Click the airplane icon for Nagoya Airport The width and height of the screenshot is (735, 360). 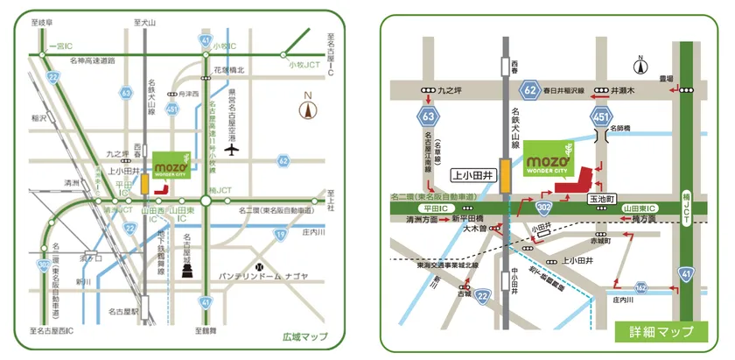(x=232, y=148)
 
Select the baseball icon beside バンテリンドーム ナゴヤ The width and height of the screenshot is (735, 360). (x=258, y=265)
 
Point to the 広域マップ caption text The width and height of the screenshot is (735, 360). (x=304, y=336)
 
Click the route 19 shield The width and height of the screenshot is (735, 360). (x=280, y=234)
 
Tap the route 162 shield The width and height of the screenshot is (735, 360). (x=641, y=286)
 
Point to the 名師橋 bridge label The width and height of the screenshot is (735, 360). (x=620, y=128)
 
